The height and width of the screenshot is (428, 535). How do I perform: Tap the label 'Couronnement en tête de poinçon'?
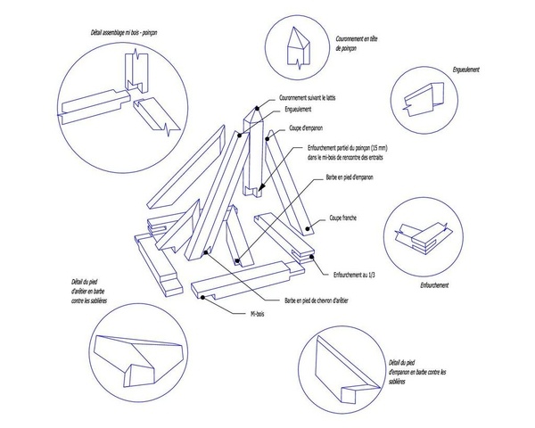point(357,45)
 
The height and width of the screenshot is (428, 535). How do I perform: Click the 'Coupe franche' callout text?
point(347,217)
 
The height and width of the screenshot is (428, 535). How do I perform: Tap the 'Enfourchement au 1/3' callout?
point(358,276)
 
